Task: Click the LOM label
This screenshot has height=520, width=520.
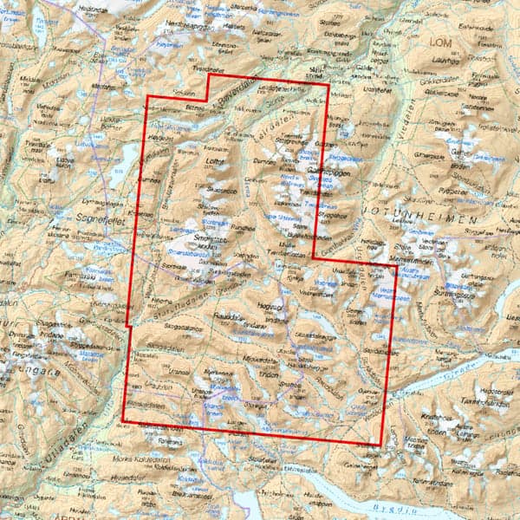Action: (x=442, y=41)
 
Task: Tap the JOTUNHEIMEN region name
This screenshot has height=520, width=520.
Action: (x=432, y=222)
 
